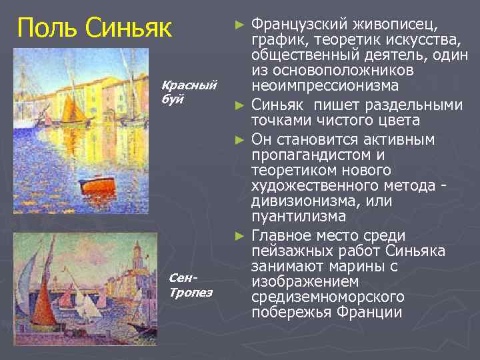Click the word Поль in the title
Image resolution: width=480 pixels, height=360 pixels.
point(44,27)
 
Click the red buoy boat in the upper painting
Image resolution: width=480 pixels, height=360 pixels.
point(99,184)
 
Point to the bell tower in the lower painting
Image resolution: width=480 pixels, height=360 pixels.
point(137,257)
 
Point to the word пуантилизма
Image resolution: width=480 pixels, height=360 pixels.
point(298,216)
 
